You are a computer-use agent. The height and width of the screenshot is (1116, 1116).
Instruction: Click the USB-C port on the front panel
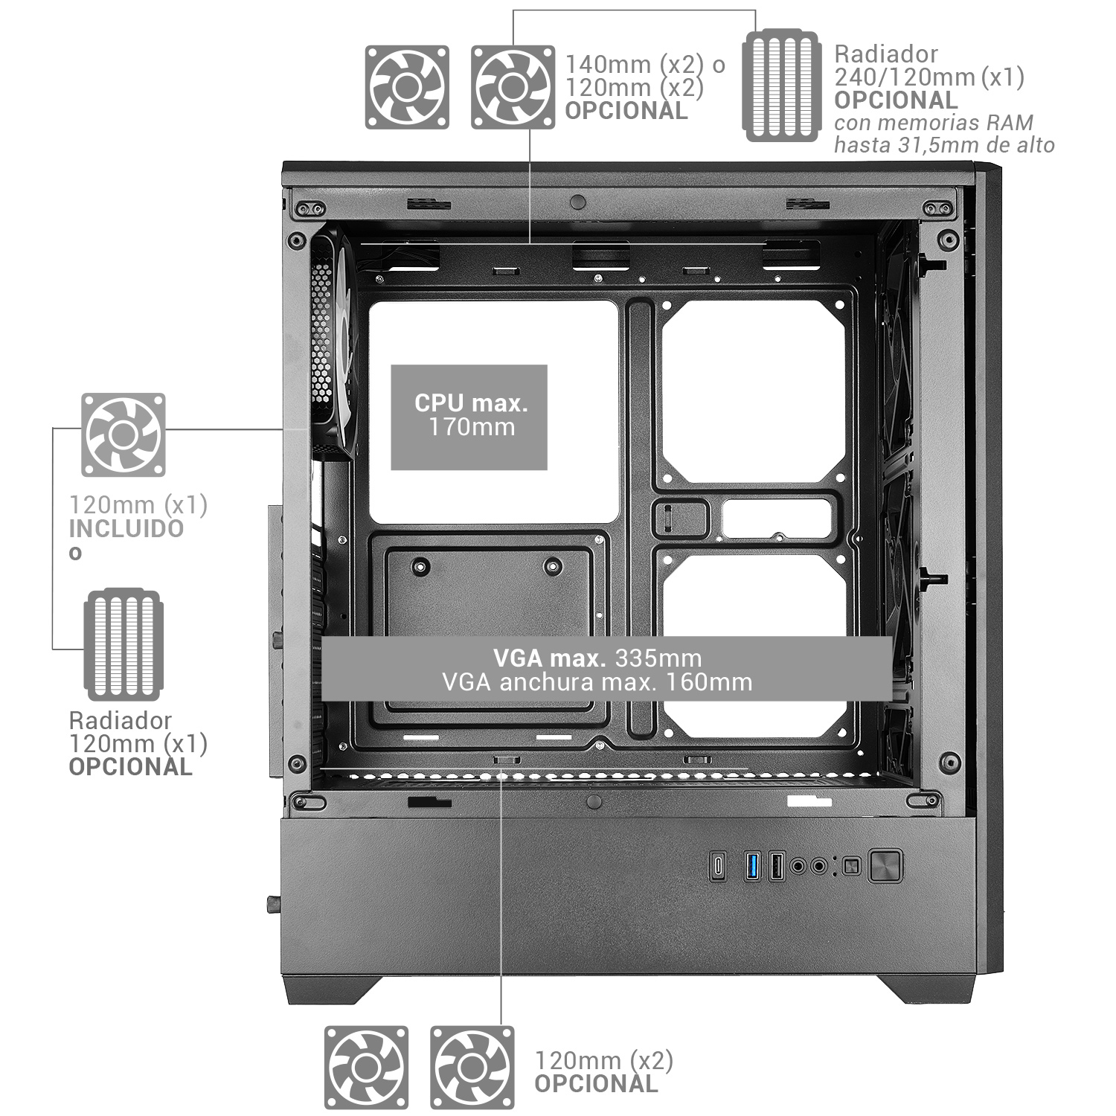(x=717, y=866)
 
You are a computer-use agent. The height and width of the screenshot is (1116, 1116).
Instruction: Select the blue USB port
(x=752, y=866)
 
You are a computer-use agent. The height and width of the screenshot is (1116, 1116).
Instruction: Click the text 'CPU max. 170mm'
(x=471, y=415)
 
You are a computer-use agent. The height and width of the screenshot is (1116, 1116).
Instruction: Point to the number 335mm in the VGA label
(x=658, y=658)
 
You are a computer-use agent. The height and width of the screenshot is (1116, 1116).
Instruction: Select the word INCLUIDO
(x=126, y=529)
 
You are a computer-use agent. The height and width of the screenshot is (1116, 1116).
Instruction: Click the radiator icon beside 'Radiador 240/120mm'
(x=781, y=85)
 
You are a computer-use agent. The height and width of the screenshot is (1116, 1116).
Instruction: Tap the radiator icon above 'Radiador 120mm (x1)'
(x=124, y=645)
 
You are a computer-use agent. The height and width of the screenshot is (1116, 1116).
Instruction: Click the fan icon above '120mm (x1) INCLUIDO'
(x=124, y=434)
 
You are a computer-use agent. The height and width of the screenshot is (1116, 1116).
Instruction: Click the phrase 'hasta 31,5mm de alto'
(x=944, y=145)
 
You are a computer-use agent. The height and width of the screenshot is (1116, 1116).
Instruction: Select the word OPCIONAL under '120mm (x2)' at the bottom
(x=597, y=1083)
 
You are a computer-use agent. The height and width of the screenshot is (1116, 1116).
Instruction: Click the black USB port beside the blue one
(x=775, y=866)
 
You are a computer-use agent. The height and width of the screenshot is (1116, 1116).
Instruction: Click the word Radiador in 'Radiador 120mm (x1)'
(x=121, y=720)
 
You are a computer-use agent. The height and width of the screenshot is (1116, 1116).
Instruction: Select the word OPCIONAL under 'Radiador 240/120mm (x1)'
(x=897, y=100)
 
